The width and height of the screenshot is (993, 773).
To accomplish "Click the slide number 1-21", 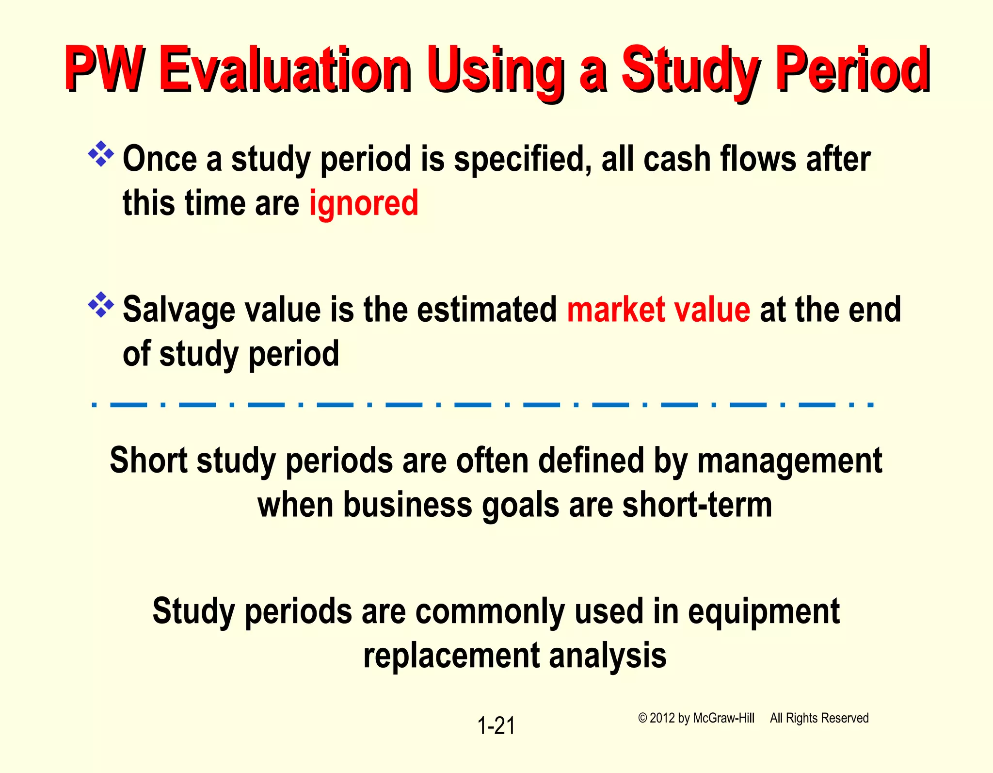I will tap(496, 726).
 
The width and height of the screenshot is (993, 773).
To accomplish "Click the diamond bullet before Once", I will tap(101, 154).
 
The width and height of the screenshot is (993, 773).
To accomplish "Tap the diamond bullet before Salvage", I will tap(101, 305).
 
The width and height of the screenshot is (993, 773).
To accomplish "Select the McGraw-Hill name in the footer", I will tap(723, 718).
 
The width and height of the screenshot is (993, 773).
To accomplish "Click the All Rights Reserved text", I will tap(819, 718).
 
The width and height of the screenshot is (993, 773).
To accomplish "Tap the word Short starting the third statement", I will tap(148, 461).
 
